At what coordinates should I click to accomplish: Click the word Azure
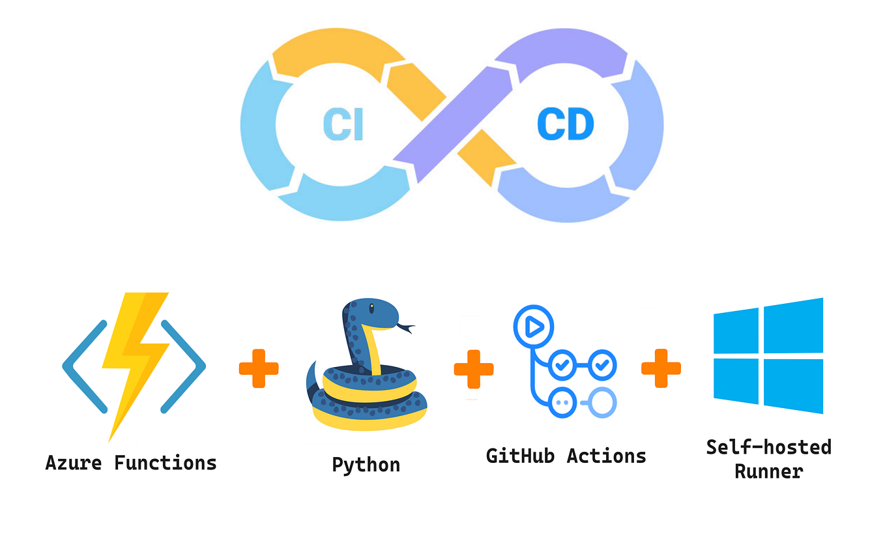(74, 463)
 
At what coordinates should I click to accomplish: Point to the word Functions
(165, 463)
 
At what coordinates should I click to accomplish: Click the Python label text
(366, 465)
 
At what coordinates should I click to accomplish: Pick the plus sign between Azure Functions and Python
(259, 368)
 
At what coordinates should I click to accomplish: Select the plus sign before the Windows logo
(661, 368)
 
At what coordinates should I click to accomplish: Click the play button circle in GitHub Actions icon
(533, 326)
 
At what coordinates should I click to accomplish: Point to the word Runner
(768, 471)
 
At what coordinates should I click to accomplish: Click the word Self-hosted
(768, 447)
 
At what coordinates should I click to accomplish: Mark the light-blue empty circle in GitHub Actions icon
(603, 402)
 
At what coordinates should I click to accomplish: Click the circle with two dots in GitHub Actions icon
(562, 402)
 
